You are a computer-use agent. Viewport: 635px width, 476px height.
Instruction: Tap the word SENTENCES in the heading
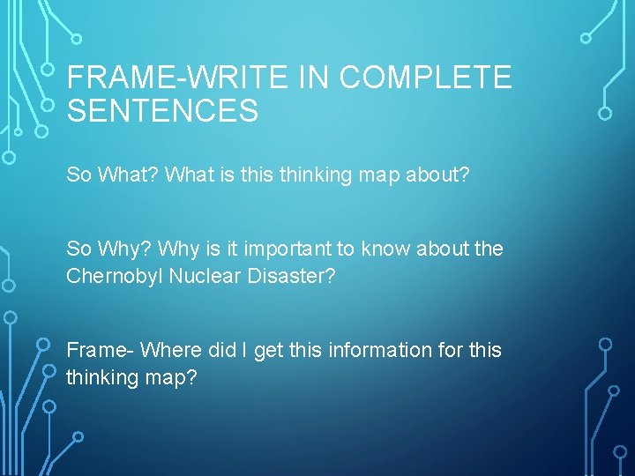click(x=162, y=112)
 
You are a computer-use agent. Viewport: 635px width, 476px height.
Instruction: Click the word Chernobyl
click(x=114, y=276)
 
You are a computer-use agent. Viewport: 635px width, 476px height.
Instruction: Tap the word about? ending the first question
click(x=437, y=175)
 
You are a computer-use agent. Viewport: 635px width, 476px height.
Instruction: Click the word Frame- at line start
click(x=100, y=350)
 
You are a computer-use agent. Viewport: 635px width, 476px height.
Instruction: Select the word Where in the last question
click(x=170, y=350)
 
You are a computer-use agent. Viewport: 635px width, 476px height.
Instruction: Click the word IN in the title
click(x=313, y=78)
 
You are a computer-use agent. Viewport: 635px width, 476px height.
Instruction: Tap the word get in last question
click(x=266, y=350)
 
